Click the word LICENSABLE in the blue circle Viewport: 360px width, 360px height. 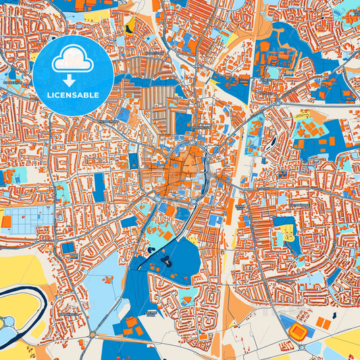(x=73, y=95)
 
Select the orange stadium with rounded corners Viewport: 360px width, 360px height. (x=298, y=330)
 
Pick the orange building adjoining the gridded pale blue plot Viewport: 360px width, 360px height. (x=6, y=222)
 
